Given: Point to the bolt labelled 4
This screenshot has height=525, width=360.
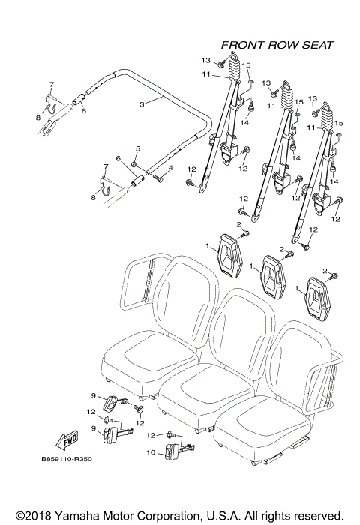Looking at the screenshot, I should [159, 176].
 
